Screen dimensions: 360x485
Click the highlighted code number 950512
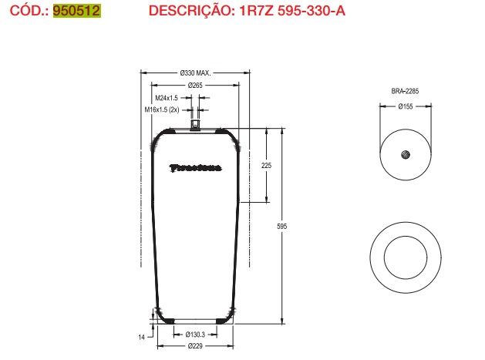77,11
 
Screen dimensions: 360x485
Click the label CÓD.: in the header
25,11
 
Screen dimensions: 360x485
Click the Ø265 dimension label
194,85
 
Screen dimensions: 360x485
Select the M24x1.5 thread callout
166,98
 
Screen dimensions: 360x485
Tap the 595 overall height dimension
282,226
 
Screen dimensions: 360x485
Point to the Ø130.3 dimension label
194,334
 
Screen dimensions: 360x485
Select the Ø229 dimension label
194,346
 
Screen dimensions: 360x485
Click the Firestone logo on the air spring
194,167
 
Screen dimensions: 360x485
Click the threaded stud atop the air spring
195,121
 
